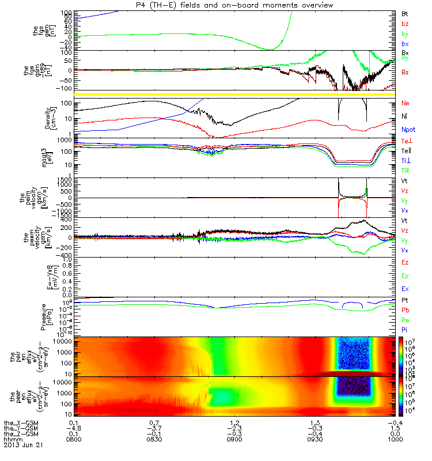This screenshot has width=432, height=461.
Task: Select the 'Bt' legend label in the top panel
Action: click(x=404, y=13)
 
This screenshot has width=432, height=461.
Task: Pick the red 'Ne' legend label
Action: click(x=405, y=103)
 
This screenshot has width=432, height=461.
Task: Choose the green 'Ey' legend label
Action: click(x=405, y=275)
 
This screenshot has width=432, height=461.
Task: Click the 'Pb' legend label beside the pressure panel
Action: click(x=405, y=310)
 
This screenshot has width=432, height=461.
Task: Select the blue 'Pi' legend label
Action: click(x=404, y=330)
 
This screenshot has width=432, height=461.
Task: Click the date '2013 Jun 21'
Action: click(x=24, y=445)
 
